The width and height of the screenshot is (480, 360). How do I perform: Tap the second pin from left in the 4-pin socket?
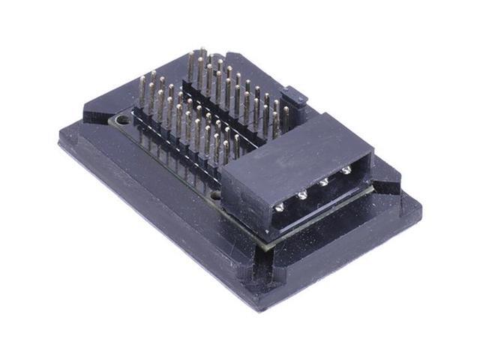301,195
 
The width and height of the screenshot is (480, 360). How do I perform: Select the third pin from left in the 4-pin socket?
324,182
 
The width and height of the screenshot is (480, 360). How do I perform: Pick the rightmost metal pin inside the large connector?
346,171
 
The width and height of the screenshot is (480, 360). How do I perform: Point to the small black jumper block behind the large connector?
295,97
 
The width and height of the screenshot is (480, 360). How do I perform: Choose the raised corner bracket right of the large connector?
386,184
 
